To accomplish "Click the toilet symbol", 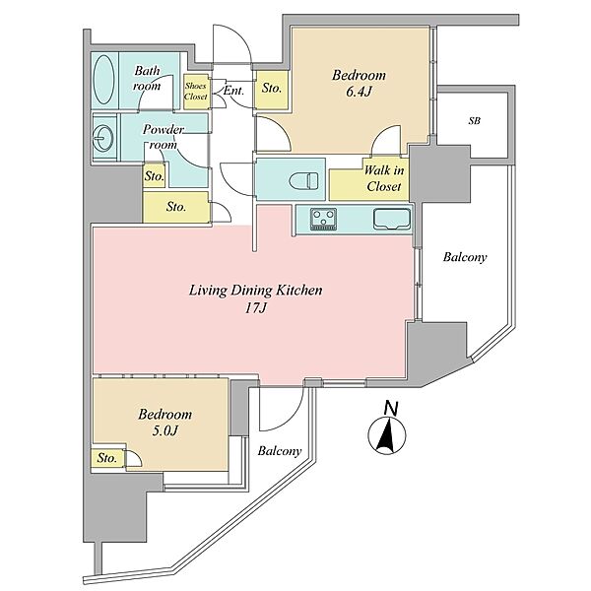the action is pyautogui.click(x=303, y=180).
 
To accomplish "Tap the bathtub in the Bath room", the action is pyautogui.click(x=103, y=80).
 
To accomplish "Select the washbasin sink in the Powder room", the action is pyautogui.click(x=102, y=137).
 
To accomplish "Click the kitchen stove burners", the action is pyautogui.click(x=323, y=219).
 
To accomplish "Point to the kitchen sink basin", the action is pyautogui.click(x=392, y=219).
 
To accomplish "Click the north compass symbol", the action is pyautogui.click(x=387, y=434).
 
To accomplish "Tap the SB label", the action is pyautogui.click(x=474, y=121).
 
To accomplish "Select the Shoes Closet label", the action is pyautogui.click(x=196, y=92).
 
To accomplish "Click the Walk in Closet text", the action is pyautogui.click(x=384, y=178).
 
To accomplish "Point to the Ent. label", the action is pyautogui.click(x=234, y=91).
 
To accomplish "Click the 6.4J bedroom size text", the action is pyautogui.click(x=359, y=92).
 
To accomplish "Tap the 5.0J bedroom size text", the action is pyautogui.click(x=164, y=430).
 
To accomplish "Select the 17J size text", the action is pyautogui.click(x=256, y=308).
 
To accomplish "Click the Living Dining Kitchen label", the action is pyautogui.click(x=255, y=291).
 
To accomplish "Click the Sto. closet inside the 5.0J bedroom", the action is pyautogui.click(x=107, y=458).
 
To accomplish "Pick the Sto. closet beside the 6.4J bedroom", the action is pyautogui.click(x=272, y=89).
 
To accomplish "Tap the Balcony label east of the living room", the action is pyautogui.click(x=465, y=257).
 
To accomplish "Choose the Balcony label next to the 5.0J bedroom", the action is pyautogui.click(x=280, y=451).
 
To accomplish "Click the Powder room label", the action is pyautogui.click(x=163, y=137).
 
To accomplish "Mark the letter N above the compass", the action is pyautogui.click(x=391, y=409).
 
